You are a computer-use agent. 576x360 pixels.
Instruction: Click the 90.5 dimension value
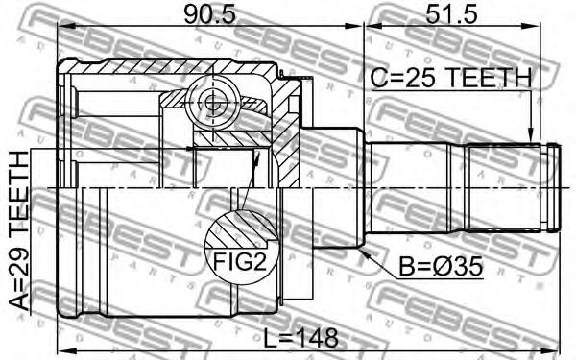pyautogui.click(x=209, y=14)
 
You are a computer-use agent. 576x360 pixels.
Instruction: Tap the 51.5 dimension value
pyautogui.click(x=451, y=14)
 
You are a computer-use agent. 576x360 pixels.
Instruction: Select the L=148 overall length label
pyautogui.click(x=301, y=338)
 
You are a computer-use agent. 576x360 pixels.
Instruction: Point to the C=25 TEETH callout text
pyautogui.click(x=451, y=78)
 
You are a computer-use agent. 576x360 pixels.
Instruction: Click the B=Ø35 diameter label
pyautogui.click(x=441, y=266)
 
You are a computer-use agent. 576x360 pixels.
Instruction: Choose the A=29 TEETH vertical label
pyautogui.click(x=18, y=231)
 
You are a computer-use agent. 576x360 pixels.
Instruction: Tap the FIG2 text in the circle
pyautogui.click(x=240, y=262)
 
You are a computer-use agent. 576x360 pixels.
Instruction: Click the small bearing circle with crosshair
pyautogui.click(x=211, y=103)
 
